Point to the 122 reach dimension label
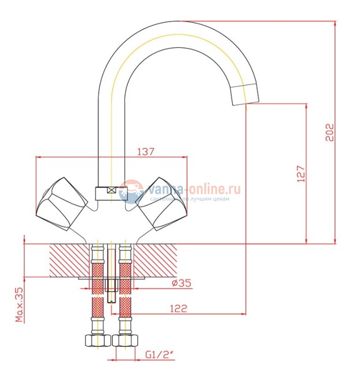[x=179, y=308]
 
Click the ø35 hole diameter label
[x=182, y=283]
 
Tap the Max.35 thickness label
[x=19, y=304]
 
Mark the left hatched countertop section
[x=68, y=259]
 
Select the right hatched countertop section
[x=155, y=259]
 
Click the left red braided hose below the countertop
[x=97, y=301]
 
